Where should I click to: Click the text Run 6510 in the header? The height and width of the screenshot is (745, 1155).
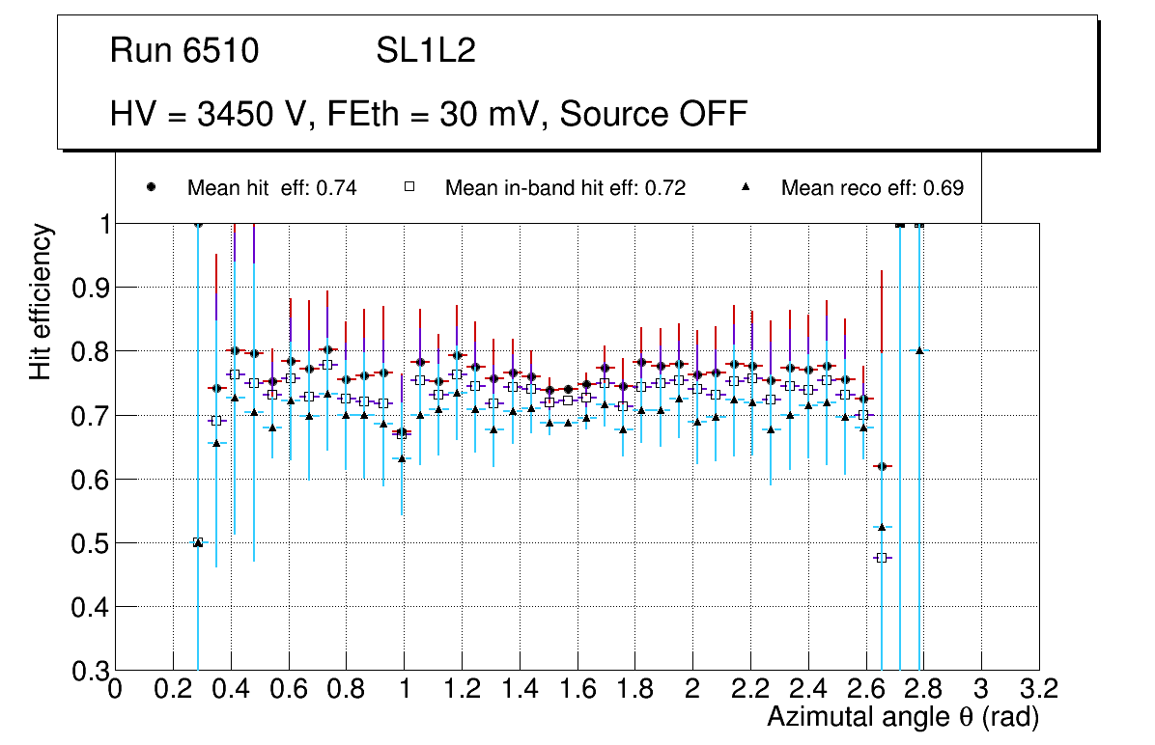tap(184, 51)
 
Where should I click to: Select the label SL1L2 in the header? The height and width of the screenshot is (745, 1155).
tap(426, 51)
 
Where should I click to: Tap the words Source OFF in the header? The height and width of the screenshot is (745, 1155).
tap(654, 114)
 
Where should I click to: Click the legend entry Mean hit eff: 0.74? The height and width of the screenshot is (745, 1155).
tap(271, 188)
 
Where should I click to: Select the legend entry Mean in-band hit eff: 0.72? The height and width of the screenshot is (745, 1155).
tap(565, 188)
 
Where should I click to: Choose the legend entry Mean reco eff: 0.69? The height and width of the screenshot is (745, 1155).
tap(872, 188)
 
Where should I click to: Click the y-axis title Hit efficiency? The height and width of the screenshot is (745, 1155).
tap(41, 301)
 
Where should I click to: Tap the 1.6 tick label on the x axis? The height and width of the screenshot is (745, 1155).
tap(577, 689)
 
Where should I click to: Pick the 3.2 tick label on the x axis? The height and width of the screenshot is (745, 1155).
tap(1039, 689)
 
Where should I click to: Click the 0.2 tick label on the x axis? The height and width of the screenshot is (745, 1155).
tap(173, 689)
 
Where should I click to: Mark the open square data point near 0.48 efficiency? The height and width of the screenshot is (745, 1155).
tap(882, 558)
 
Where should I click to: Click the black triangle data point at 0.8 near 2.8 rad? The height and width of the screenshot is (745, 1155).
tap(919, 350)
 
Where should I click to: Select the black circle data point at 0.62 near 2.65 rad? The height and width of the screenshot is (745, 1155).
tap(882, 466)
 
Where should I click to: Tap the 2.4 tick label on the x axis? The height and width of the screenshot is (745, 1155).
tap(808, 689)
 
